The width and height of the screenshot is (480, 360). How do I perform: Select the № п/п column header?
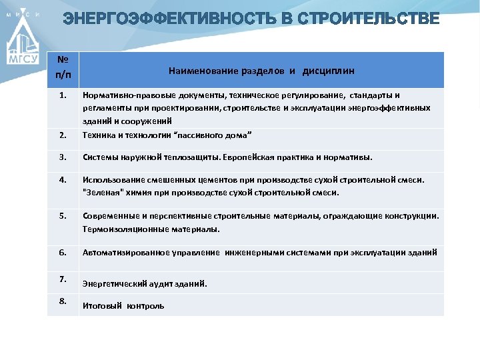[63, 70]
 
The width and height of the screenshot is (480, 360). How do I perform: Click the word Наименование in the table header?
[204, 70]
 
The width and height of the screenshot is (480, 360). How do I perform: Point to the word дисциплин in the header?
[329, 70]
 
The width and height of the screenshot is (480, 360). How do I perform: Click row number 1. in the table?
[63, 95]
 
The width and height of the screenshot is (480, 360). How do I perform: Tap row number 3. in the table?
[63, 157]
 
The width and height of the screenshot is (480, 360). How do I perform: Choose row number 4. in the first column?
[63, 179]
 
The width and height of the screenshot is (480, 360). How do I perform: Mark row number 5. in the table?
[63, 215]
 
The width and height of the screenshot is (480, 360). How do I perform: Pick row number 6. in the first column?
[63, 252]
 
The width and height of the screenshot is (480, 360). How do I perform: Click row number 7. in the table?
[63, 278]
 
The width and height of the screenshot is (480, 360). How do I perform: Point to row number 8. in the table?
[63, 301]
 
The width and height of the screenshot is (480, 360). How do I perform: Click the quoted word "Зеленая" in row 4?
[103, 193]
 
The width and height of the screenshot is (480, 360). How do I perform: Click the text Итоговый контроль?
[123, 306]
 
